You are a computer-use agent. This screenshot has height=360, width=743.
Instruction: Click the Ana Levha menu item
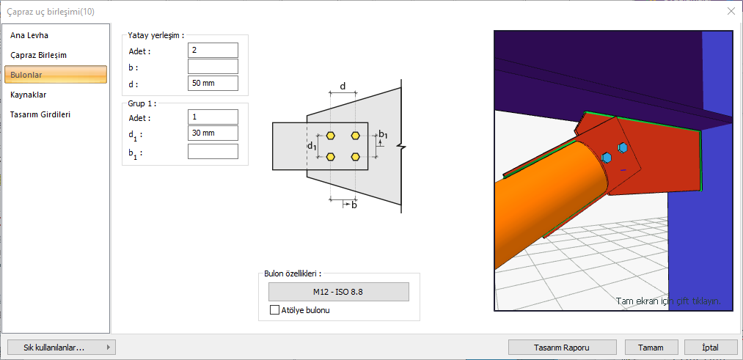(x=29, y=35)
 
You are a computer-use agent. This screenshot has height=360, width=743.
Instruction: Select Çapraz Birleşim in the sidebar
(x=38, y=55)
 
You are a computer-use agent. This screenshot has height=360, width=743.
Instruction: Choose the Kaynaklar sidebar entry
(x=28, y=95)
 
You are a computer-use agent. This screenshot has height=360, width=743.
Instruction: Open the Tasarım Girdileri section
(x=40, y=114)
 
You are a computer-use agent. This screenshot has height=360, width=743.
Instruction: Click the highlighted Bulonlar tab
(x=56, y=75)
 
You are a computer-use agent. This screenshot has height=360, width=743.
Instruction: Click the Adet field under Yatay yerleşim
(x=213, y=50)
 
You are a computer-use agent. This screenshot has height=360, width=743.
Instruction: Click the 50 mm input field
(x=213, y=84)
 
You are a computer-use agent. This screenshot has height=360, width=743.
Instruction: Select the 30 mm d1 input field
(x=213, y=133)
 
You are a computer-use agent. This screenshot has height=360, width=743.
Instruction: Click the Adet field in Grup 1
(x=213, y=117)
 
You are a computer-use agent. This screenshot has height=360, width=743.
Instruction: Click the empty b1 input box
(x=213, y=152)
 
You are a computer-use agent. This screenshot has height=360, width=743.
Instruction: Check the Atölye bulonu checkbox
(x=274, y=310)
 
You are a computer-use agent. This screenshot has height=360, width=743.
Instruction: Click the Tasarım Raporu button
(x=562, y=348)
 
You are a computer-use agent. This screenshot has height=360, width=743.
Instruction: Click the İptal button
(x=711, y=348)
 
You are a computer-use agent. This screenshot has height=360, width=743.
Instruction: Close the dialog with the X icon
(x=731, y=12)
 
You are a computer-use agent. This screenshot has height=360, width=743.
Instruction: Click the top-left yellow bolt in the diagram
(x=331, y=136)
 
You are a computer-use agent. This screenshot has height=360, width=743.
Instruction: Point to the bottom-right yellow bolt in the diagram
(x=356, y=156)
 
